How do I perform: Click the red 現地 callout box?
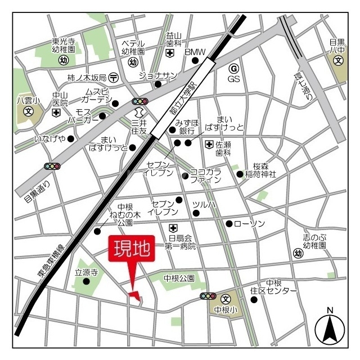(x=131, y=250)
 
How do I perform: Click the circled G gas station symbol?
(x=233, y=68)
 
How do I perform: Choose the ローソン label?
(x=249, y=224)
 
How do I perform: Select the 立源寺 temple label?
(x=87, y=272)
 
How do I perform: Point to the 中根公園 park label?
(x=179, y=278)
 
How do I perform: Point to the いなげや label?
(x=50, y=138)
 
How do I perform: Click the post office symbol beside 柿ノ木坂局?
(x=113, y=76)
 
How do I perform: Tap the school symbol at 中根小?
(x=226, y=299)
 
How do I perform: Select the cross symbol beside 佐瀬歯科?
(x=209, y=144)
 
